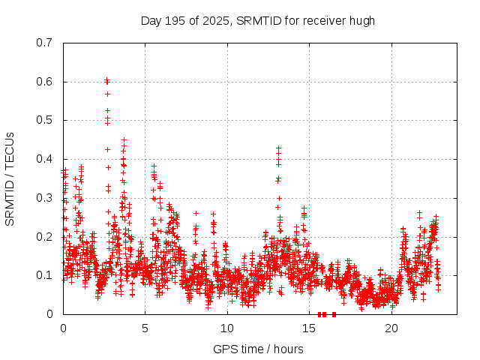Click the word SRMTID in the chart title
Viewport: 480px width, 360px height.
(255, 20)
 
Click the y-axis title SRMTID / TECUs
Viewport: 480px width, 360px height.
(10, 178)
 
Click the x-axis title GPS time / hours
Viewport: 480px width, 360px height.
(258, 349)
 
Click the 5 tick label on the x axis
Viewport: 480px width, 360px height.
(145, 328)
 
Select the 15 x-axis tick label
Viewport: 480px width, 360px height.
(309, 328)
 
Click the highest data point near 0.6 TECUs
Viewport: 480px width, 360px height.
(106, 79)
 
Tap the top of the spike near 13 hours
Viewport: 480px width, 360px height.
(278, 148)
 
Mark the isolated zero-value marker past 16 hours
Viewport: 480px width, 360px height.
(334, 314)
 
